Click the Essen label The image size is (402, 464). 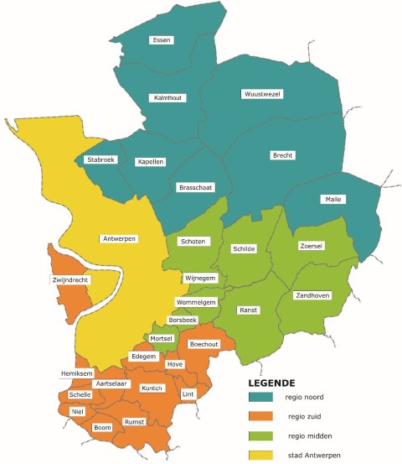click(161, 39)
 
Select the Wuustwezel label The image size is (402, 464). click(259, 93)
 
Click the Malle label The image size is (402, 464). click(332, 199)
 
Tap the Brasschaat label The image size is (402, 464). click(193, 189)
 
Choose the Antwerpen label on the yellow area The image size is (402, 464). click(119, 238)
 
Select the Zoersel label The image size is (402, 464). click(312, 246)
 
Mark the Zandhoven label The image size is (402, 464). click(312, 295)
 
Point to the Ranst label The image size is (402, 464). click(248, 310)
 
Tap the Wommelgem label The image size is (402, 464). click(196, 301)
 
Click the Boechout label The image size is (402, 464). click(204, 344)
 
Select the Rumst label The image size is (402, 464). click(134, 421)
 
